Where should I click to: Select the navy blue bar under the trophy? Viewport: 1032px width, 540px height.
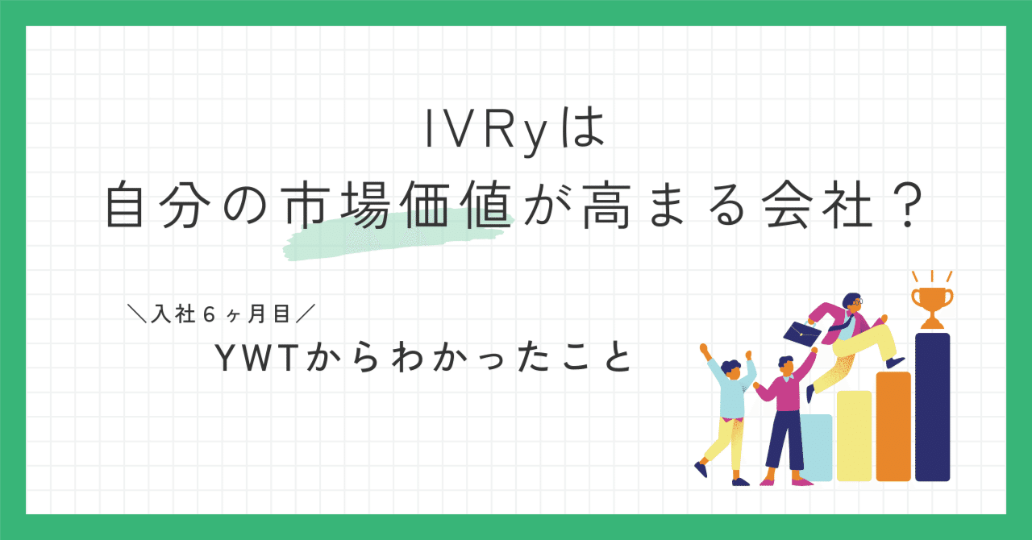tap(932, 407)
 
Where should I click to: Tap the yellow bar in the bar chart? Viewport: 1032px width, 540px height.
tap(854, 435)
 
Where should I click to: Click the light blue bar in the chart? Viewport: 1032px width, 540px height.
tap(818, 447)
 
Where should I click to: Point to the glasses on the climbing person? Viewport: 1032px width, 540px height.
tap(856, 301)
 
